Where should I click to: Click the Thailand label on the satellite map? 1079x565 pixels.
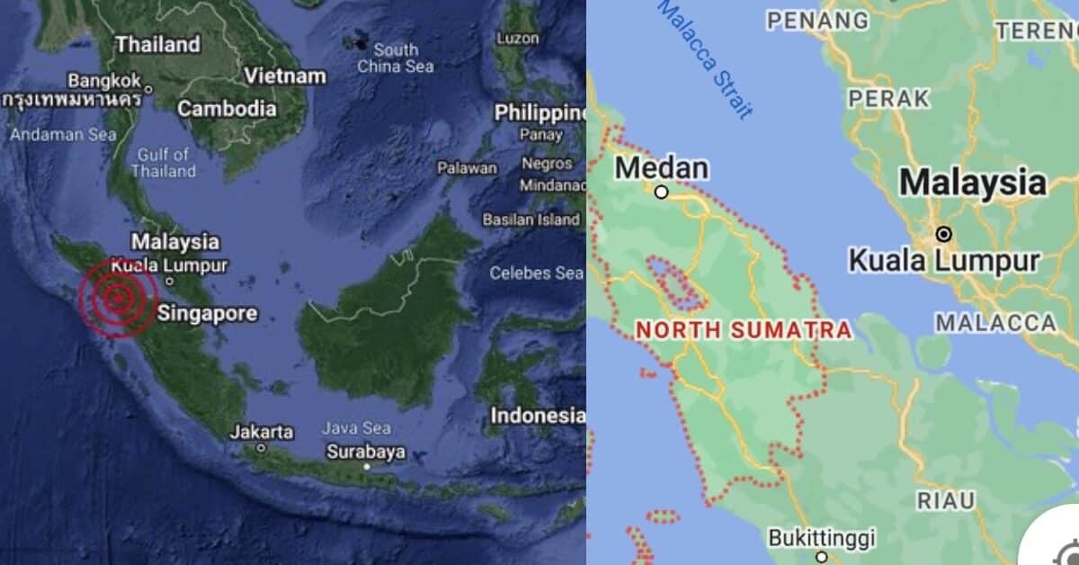158,44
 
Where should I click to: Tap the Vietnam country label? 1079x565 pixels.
285,76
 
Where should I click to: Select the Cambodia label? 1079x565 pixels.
227,109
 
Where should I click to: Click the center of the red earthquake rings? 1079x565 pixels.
118,299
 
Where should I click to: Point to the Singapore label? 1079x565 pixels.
207,314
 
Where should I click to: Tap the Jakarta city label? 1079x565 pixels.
261,432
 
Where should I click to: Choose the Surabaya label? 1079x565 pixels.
365,452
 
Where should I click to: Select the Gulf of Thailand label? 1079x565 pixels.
165,162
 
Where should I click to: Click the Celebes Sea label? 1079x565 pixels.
537,273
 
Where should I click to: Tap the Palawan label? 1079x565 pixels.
467,167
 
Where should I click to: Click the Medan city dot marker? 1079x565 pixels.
661,192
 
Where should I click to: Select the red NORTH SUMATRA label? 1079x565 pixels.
744,330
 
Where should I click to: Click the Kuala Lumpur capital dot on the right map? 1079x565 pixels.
944,234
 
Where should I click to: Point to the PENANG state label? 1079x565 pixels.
818,20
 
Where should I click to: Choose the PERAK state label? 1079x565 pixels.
889,98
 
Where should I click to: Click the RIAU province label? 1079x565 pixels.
945,500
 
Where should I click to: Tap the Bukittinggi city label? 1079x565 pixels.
821,538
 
